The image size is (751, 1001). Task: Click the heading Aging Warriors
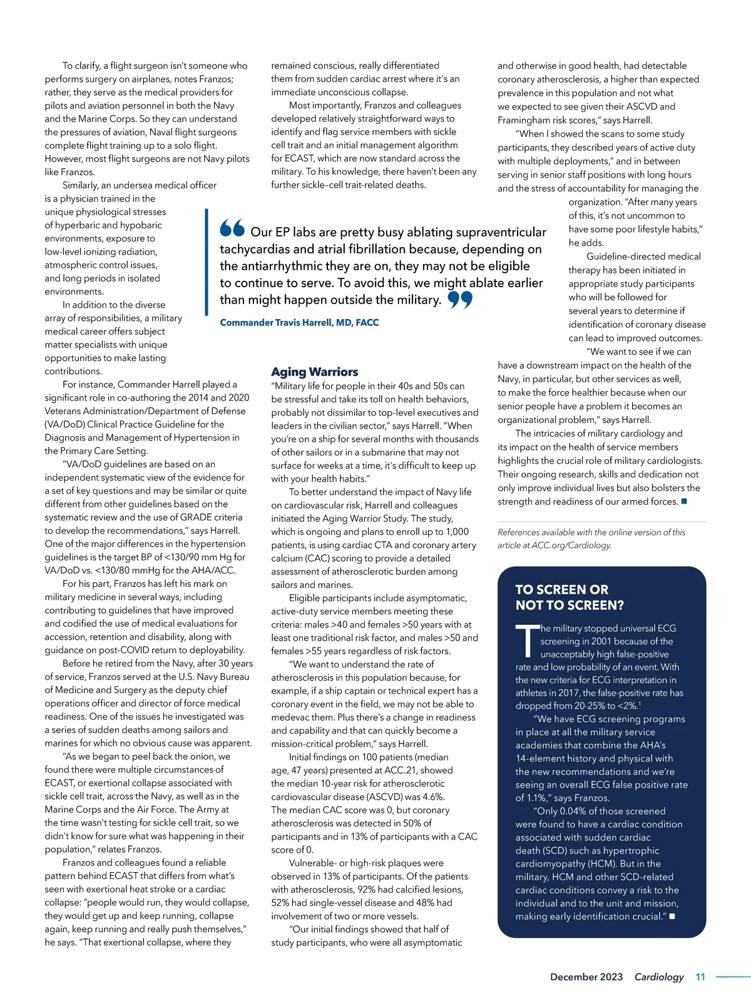314,372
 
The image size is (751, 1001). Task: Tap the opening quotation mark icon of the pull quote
232,228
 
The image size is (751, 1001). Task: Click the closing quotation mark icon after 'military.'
460,300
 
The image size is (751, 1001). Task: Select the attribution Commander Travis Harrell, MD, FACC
299,323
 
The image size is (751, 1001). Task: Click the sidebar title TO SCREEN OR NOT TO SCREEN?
569,597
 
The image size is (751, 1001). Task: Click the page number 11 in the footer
700,977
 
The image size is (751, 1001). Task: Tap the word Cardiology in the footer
659,977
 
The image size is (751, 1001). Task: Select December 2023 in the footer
586,977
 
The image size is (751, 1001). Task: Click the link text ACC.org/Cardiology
571,546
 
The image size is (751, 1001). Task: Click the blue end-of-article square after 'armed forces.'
684,502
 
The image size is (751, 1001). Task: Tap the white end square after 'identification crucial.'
672,917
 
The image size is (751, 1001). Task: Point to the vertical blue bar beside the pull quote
207,262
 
